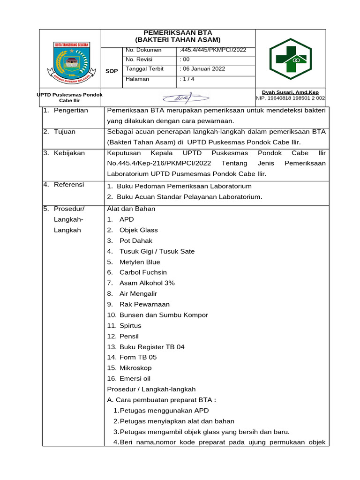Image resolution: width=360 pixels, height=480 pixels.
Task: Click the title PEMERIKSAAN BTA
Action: pos(178,33)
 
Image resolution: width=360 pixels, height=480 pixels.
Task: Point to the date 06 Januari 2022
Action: pos(202,69)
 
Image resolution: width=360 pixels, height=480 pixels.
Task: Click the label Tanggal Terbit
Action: pos(142,69)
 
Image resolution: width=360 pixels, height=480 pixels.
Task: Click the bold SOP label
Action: pos(112,71)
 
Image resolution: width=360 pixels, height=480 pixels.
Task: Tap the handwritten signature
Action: pos(186,97)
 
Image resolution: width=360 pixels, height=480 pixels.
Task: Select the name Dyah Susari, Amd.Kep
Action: pos(290,92)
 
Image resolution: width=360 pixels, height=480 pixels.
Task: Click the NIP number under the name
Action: pos(290,98)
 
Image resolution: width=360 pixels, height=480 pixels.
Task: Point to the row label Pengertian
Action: pos(71,111)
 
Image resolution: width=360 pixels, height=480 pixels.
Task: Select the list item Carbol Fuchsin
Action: pos(143,272)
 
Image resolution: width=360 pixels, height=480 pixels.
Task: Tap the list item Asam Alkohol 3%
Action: pos(147,283)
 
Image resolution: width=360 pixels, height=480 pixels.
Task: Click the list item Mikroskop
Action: pos(135,368)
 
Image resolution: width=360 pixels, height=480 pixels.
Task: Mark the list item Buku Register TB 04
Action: pos(152,347)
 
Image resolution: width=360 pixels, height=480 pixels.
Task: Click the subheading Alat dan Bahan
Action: pos(131,209)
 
